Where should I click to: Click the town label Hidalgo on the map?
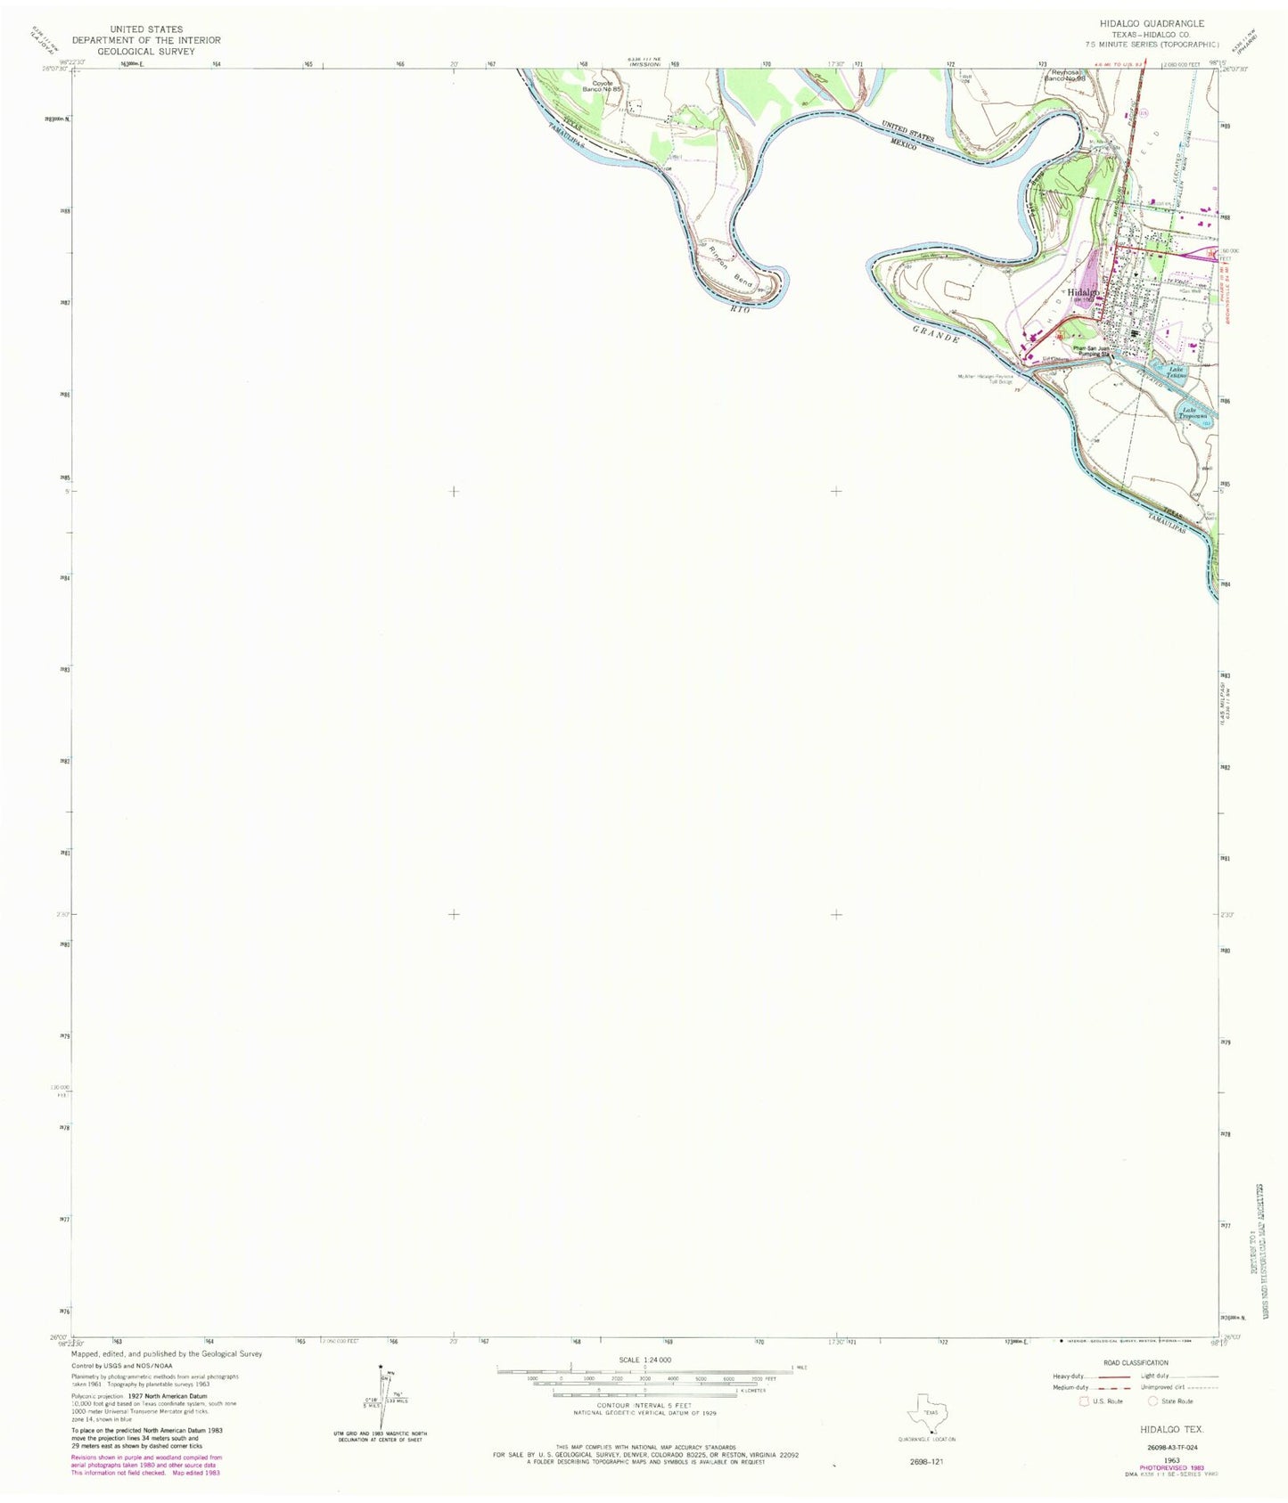click(1084, 292)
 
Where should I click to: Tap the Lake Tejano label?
click(1177, 372)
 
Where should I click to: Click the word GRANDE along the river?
click(935, 335)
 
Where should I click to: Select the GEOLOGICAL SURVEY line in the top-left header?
click(146, 52)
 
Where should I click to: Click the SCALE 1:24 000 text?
click(644, 1360)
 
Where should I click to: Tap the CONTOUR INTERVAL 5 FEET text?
click(644, 1405)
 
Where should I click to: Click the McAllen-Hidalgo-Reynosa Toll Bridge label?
click(986, 379)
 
